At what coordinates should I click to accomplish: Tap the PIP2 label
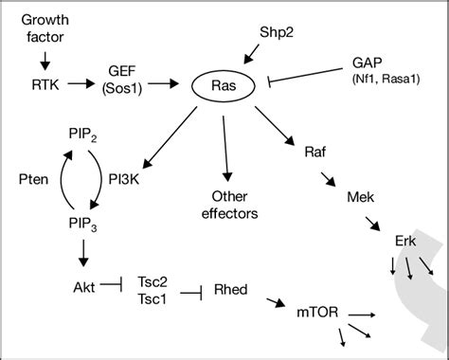83,135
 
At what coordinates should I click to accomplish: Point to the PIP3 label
83,223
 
